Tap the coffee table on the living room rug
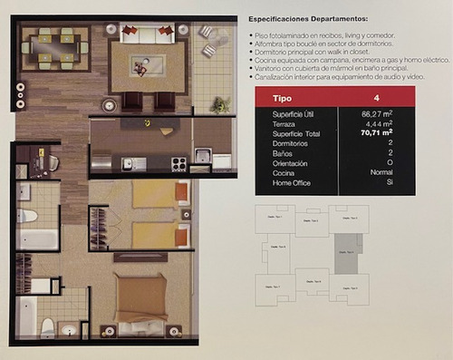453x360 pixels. point(147,65)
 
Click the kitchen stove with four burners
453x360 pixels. point(179,164)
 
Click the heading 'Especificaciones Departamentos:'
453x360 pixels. point(308,19)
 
